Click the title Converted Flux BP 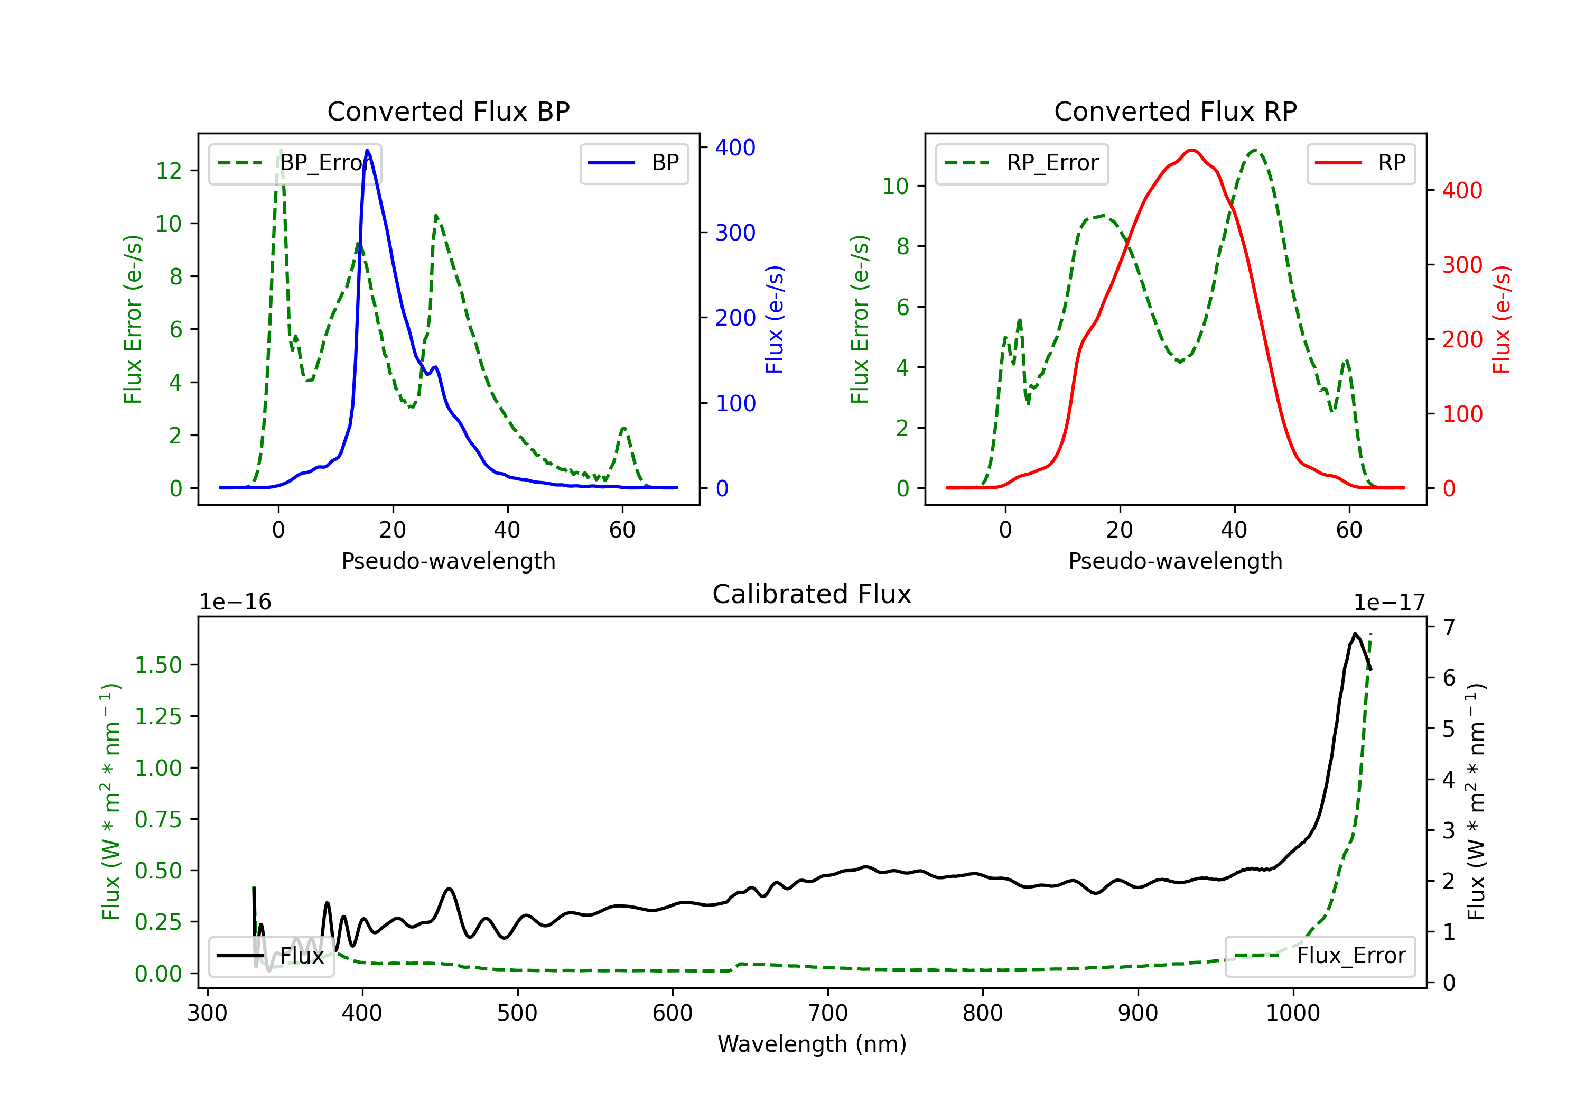pos(448,111)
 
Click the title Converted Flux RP pos(1175,111)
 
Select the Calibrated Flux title pos(812,594)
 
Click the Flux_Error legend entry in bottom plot pos(1319,956)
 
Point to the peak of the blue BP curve pos(367,150)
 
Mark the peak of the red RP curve pos(1192,150)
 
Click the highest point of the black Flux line pos(1355,633)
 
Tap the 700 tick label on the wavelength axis pos(828,1013)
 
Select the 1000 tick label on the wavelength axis pos(1293,1013)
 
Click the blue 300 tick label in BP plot pos(735,233)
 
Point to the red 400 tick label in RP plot pos(1462,191)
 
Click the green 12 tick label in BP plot pos(169,171)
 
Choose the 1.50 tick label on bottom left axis pos(158,665)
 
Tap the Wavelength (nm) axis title pos(812,1044)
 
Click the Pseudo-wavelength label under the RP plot pos(1175,561)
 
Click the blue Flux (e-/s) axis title pos(775,319)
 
